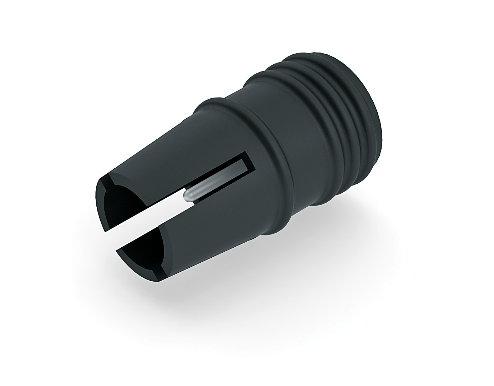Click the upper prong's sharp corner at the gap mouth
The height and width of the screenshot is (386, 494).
tap(105, 232)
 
